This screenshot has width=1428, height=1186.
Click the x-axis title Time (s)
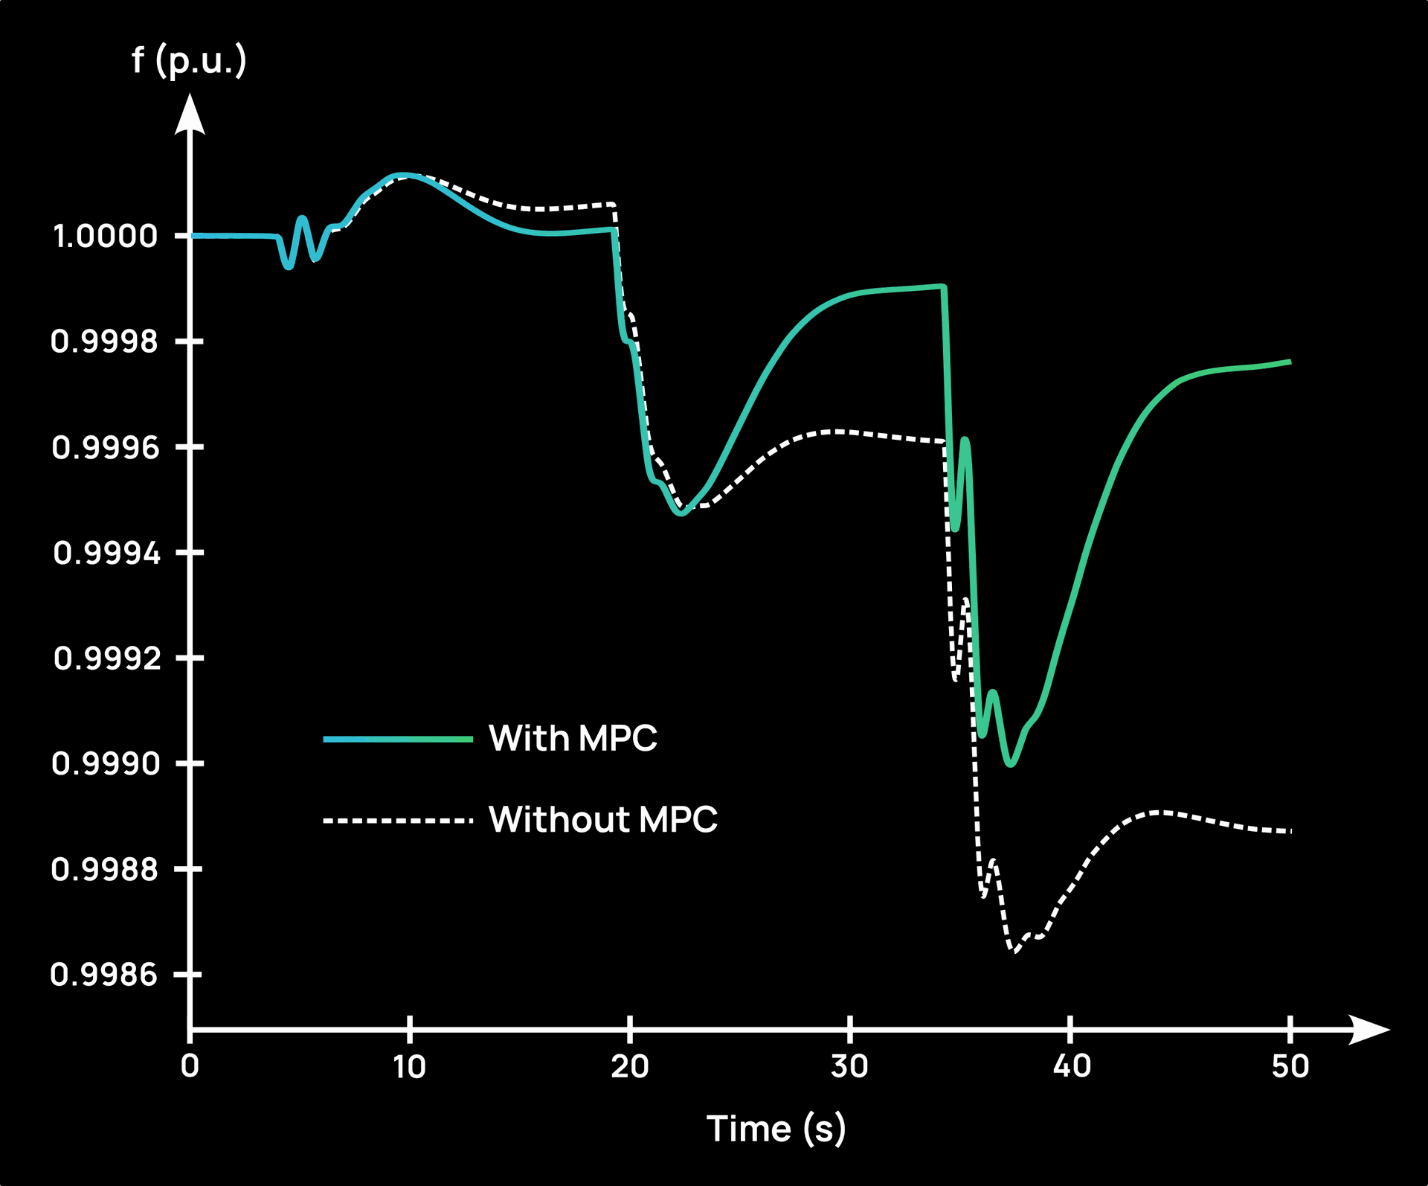coord(776,1129)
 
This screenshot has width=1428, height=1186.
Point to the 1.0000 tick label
coord(106,236)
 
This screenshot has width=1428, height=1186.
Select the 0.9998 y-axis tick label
coord(105,342)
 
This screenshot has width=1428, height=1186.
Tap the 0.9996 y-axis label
coord(106,447)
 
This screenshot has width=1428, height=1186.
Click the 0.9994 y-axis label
coord(106,553)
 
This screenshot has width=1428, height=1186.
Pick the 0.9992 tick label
coord(107,658)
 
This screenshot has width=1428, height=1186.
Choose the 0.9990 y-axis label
coord(106,763)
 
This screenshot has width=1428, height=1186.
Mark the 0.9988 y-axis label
coord(105,869)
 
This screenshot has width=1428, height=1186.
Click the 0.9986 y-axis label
coord(104,975)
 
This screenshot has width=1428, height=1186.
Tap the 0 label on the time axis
coord(190,1066)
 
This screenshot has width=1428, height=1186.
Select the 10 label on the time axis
coord(409,1067)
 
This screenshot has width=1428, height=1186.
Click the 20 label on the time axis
coord(629,1067)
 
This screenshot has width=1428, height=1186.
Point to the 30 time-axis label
coord(849,1067)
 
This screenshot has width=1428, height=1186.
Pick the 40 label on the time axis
coord(1071,1067)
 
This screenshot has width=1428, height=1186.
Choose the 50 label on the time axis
coord(1290,1067)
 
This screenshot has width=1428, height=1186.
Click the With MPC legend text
coord(573,738)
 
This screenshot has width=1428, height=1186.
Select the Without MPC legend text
coord(603,819)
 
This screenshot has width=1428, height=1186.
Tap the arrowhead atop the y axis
coord(190,115)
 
